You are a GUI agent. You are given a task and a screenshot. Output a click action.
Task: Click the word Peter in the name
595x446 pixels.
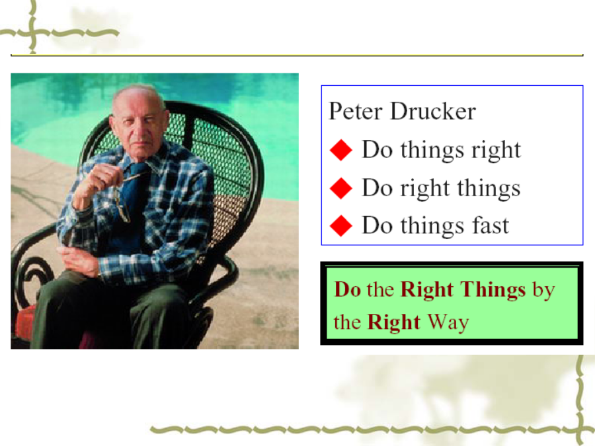355,111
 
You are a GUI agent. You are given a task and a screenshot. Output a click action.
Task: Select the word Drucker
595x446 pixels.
433,111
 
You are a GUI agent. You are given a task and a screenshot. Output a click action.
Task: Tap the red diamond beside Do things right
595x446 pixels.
341,150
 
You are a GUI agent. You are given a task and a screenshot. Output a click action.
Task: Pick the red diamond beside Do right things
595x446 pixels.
341,188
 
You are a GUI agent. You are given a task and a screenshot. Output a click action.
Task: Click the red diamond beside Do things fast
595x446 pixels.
341,226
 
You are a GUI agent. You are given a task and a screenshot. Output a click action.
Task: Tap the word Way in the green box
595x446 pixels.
448,322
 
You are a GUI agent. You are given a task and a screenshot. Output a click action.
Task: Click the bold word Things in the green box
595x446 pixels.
493,290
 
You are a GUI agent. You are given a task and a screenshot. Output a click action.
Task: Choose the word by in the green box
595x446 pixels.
543,291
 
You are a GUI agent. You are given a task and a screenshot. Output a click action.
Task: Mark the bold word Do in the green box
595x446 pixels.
347,289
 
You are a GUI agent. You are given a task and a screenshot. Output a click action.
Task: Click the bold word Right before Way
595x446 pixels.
393,323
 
